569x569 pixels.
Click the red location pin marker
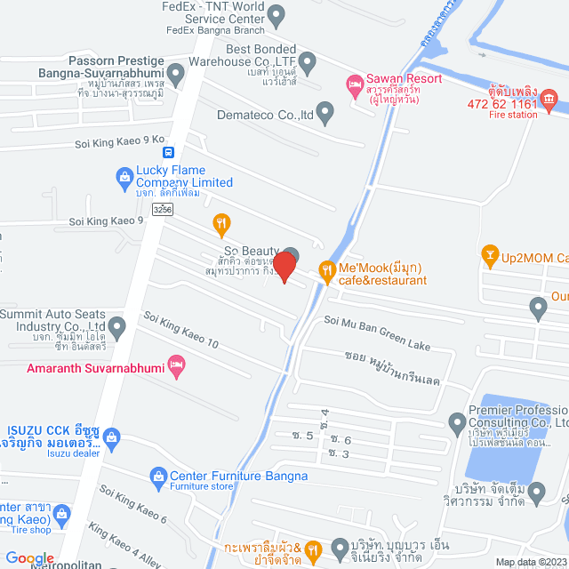click(x=284, y=266)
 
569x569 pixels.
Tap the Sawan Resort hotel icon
click(x=354, y=84)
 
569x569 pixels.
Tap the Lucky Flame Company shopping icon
click(x=124, y=178)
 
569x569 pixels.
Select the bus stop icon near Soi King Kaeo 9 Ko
click(x=180, y=152)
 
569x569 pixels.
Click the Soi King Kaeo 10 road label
click(x=180, y=330)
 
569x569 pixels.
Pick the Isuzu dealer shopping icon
click(x=111, y=437)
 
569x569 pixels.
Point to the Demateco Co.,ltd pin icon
click(x=325, y=114)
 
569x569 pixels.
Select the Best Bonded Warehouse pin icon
click(x=308, y=62)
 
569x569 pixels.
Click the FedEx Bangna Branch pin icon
click(x=276, y=14)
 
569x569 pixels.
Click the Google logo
click(x=29, y=557)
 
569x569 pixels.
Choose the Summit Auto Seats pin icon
click(x=116, y=328)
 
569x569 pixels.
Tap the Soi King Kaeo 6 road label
click(x=133, y=504)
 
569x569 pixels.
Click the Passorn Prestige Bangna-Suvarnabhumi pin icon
click(x=178, y=76)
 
